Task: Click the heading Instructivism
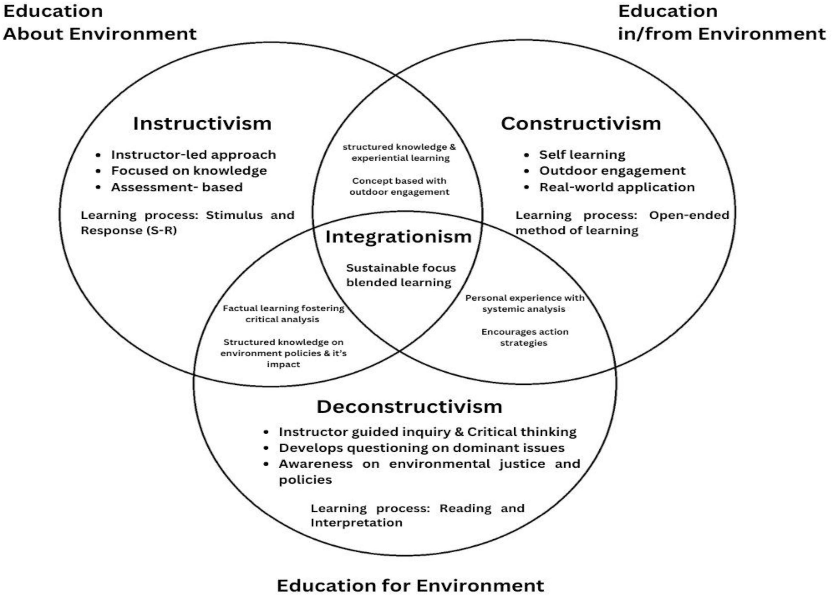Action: (202, 124)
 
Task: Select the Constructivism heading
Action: (581, 124)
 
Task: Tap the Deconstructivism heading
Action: (409, 407)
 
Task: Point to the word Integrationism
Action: (398, 237)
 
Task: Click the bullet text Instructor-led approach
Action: (193, 155)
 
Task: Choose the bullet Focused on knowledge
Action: (189, 171)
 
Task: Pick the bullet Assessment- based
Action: (177, 187)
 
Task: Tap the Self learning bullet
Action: (582, 155)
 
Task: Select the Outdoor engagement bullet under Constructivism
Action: (612, 171)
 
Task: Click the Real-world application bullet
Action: (617, 187)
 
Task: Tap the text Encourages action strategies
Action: (525, 337)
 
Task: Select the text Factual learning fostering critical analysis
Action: (283, 314)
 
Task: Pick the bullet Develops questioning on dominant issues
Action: (422, 448)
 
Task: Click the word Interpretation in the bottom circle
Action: (356, 523)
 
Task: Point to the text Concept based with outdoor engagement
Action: (399, 186)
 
